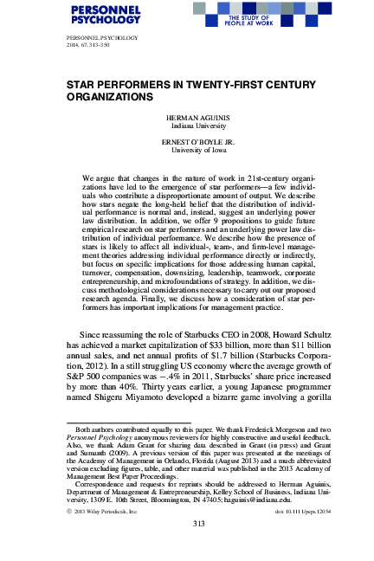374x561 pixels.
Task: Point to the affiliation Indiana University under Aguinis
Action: coord(186,125)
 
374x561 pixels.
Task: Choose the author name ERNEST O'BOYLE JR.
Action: coord(186,142)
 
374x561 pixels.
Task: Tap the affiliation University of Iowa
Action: coord(186,151)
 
